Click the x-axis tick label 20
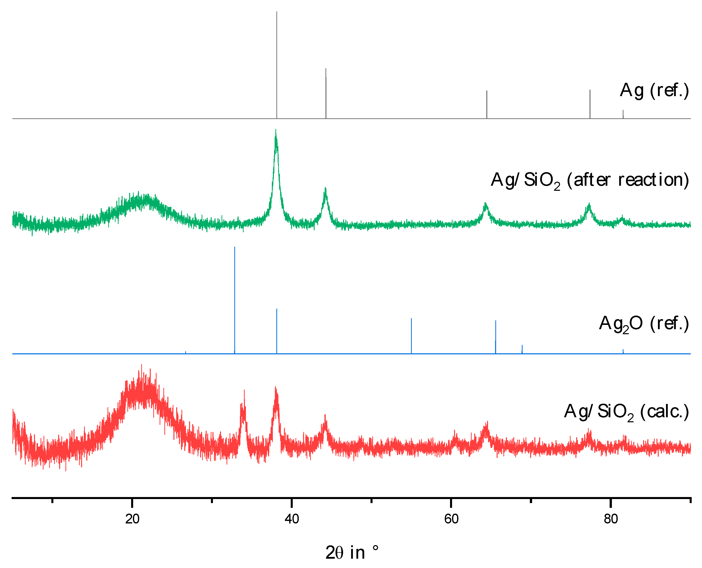point(132,519)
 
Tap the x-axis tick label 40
point(292,519)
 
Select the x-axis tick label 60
point(451,519)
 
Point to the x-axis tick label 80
point(611,519)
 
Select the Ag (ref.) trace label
point(654,90)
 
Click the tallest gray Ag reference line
point(277,65)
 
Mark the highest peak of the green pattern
point(276,131)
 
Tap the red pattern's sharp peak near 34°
point(244,391)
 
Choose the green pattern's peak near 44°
point(325,189)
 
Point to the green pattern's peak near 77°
point(589,205)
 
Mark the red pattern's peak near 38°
point(276,388)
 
